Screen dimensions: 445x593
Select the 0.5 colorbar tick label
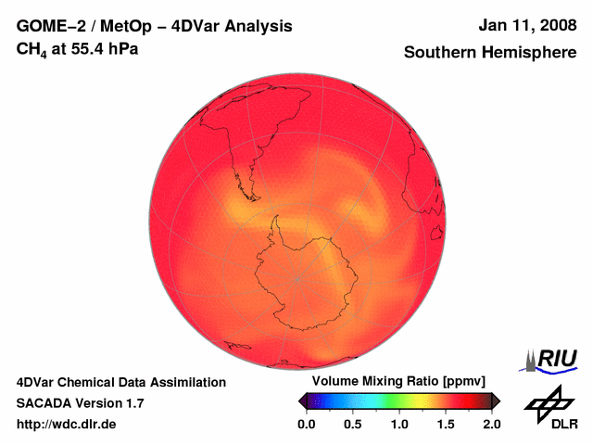352,425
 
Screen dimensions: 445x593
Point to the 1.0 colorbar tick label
399,425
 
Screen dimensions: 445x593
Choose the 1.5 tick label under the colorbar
446,425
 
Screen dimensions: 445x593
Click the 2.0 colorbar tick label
492,425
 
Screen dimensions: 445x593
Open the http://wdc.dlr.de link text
67,425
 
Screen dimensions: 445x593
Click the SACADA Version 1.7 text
80,403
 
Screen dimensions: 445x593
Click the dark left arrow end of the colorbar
303,400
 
